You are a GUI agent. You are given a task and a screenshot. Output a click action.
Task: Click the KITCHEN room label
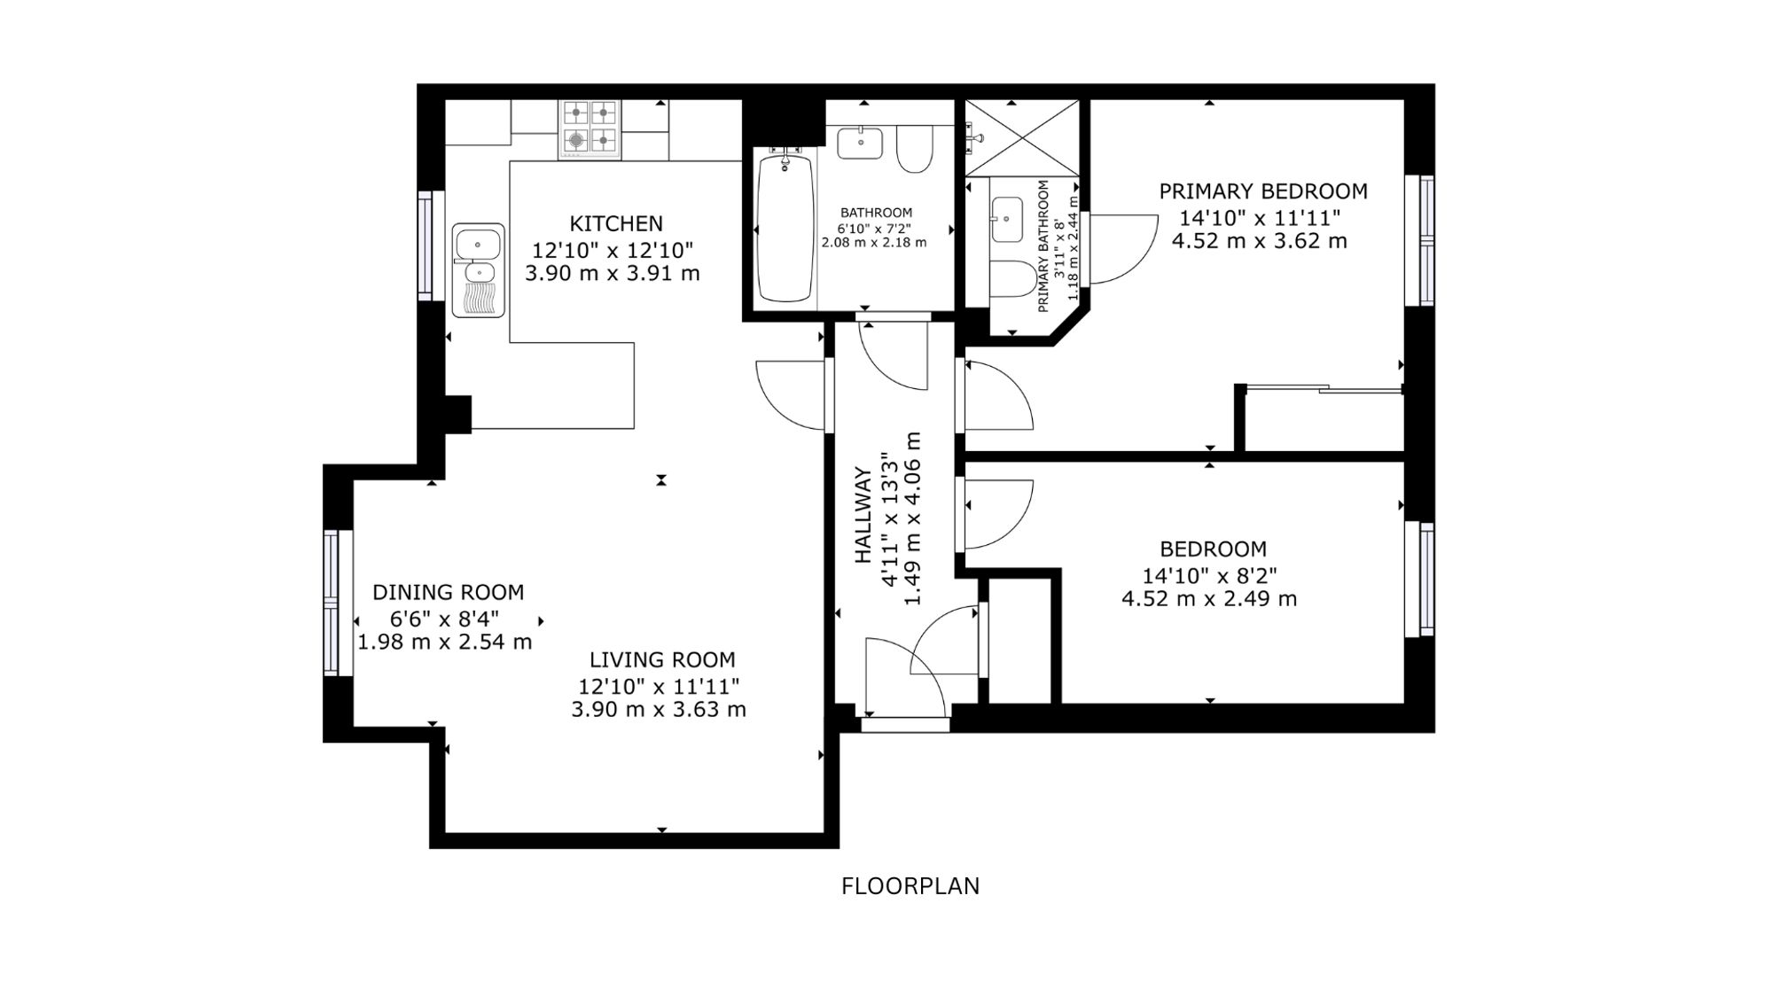pyautogui.click(x=616, y=223)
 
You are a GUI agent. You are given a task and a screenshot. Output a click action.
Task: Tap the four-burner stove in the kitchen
pyautogui.click(x=590, y=129)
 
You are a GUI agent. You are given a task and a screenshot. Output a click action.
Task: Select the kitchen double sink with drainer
pyautogui.click(x=478, y=270)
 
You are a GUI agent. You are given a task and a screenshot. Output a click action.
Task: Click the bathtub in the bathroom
pyautogui.click(x=785, y=229)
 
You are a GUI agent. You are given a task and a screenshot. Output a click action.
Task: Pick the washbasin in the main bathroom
pyautogui.click(x=860, y=143)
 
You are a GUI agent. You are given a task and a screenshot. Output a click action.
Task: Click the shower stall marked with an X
pyautogui.click(x=1021, y=137)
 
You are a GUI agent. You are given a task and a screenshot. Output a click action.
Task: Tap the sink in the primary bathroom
pyautogui.click(x=1006, y=220)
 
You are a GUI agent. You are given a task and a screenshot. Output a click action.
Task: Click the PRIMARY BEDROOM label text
pyautogui.click(x=1263, y=191)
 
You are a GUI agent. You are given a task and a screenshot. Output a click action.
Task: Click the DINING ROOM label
pyautogui.click(x=448, y=592)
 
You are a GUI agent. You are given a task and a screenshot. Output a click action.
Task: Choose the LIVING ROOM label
pyautogui.click(x=662, y=660)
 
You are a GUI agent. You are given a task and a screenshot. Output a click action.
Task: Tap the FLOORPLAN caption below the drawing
pyautogui.click(x=910, y=886)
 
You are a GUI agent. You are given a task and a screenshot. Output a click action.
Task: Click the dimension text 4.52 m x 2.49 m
pyautogui.click(x=1209, y=599)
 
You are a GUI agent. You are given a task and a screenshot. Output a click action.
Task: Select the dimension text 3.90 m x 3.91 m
pyautogui.click(x=613, y=274)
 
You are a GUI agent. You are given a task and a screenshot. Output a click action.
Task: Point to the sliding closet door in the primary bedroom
pyautogui.click(x=1323, y=388)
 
